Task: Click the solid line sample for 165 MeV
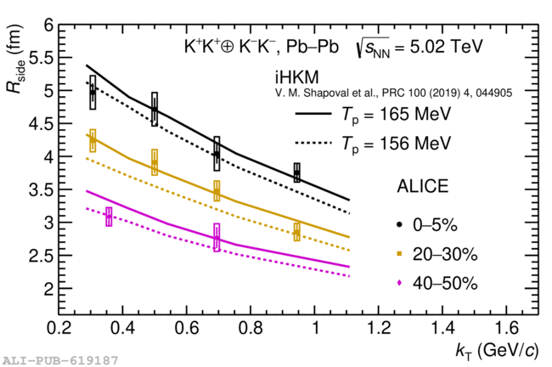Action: tap(311, 114)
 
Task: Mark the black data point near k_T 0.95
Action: tap(296, 173)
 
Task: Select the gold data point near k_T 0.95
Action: tap(296, 232)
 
